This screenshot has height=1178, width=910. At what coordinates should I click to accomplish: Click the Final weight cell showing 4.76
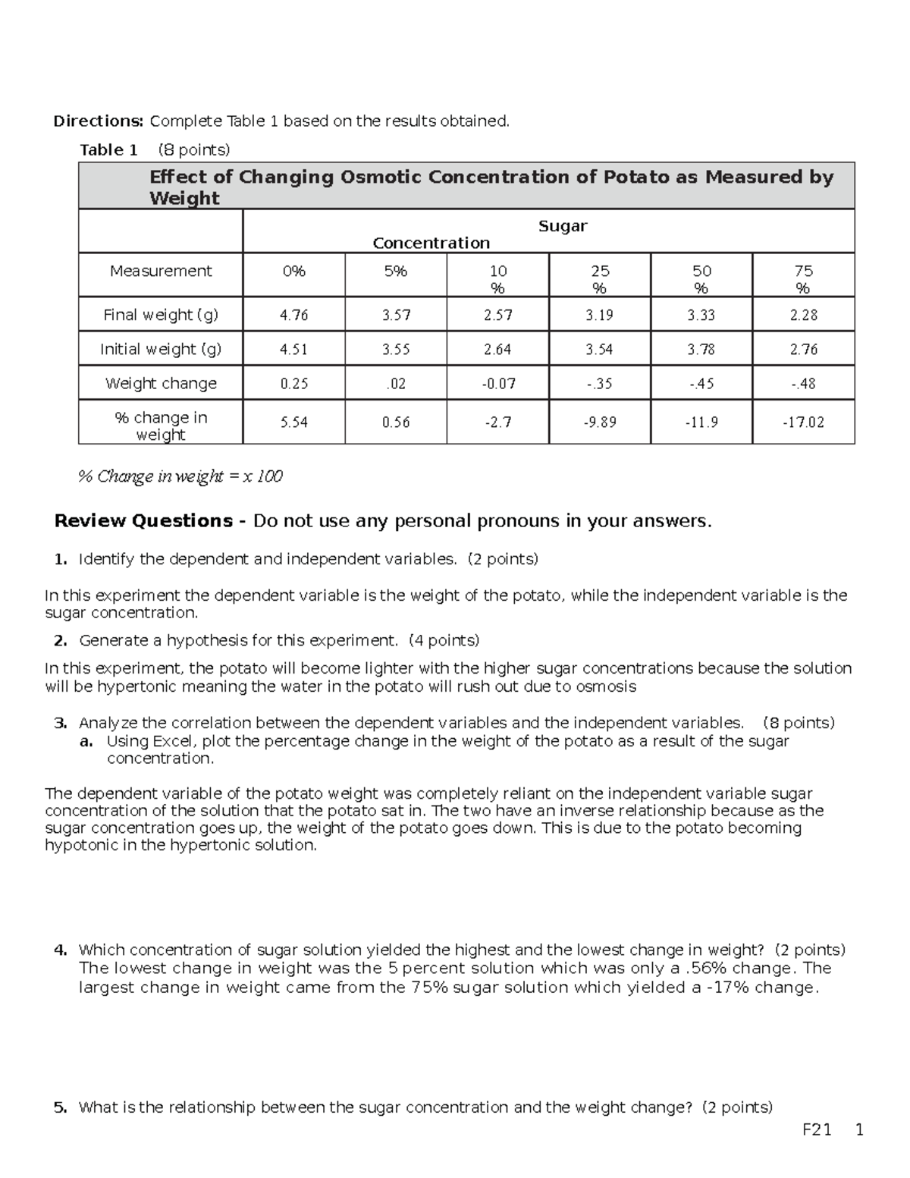pos(293,315)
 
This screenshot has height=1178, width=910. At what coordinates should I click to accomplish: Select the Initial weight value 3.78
pos(701,349)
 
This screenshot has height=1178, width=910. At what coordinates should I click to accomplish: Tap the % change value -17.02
pos(803,422)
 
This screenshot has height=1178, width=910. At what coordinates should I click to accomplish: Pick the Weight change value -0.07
pos(497,384)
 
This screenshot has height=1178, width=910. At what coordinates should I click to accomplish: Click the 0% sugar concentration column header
pos(293,271)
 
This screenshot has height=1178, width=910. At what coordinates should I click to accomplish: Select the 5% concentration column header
pos(395,271)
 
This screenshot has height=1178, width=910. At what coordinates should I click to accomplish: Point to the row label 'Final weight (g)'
pos(161,315)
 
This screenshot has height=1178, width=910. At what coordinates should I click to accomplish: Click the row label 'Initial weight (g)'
pos(161,349)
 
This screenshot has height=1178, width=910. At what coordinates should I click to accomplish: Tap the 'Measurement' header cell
pos(161,271)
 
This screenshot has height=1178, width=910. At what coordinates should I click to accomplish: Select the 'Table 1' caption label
pos(108,149)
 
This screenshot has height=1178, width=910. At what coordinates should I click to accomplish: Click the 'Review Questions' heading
pos(143,521)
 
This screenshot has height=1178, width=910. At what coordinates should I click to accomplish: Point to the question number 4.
pos(61,950)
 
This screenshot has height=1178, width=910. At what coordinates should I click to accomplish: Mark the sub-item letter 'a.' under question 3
pos(86,741)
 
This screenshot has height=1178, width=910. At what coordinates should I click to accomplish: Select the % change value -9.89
pos(599,422)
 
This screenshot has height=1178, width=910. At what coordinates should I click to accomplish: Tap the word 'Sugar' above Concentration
pos(563,226)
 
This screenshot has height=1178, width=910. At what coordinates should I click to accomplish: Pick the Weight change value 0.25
pos(293,384)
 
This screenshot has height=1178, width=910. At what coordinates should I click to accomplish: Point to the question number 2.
pos(61,640)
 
